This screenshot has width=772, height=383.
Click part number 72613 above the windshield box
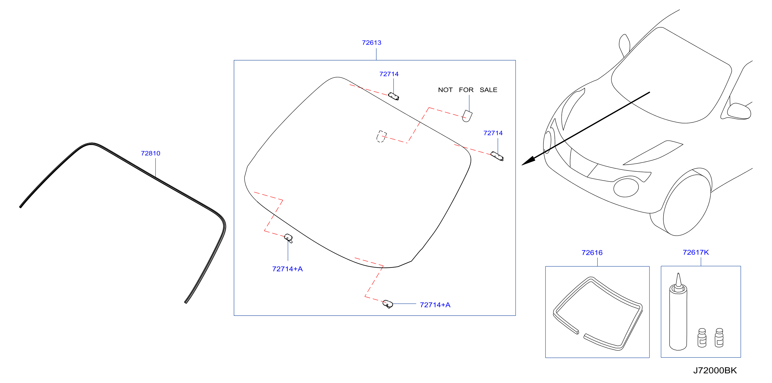[x=371, y=43]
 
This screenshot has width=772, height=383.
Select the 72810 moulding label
[x=150, y=153]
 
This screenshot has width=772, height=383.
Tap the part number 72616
[x=592, y=252]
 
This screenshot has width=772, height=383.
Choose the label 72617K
[x=696, y=252]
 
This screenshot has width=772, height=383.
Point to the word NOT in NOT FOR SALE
[x=445, y=90]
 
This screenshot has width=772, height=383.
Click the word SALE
[x=488, y=90]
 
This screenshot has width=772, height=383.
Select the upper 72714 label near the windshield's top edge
[x=389, y=74]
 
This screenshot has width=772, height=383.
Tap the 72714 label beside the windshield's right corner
[x=493, y=133]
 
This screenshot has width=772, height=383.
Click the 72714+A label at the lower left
[x=287, y=269]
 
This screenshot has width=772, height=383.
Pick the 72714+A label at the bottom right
[x=435, y=305]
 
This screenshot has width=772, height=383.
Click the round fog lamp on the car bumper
[x=626, y=187]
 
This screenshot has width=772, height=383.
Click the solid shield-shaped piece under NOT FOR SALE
[x=467, y=116]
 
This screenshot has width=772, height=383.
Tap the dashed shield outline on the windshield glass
[x=381, y=136]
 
